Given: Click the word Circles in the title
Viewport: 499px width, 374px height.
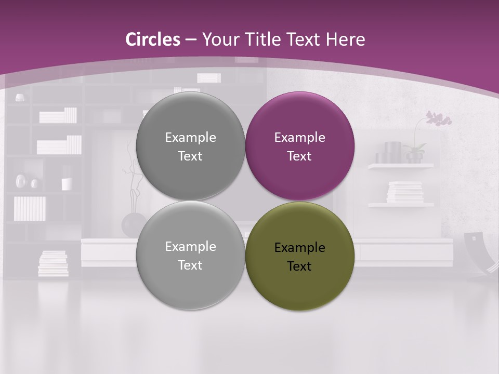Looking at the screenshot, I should pyautogui.click(x=152, y=39).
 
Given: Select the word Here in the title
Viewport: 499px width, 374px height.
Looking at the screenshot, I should pyautogui.click(x=346, y=39).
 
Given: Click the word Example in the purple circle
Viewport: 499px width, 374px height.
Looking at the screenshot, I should pyautogui.click(x=300, y=138).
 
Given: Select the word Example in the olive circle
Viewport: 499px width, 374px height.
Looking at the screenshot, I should pyautogui.click(x=300, y=248).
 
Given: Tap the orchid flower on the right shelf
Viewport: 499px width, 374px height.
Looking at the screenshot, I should pyautogui.click(x=438, y=119).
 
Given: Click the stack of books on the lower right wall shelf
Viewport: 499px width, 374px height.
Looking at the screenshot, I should pyautogui.click(x=405, y=192).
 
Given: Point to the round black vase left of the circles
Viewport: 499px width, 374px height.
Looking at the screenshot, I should pyautogui.click(x=132, y=224).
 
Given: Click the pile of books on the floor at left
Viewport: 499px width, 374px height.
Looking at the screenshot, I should pyautogui.click(x=53, y=263).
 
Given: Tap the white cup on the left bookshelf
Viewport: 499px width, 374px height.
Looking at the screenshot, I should pyautogui.click(x=67, y=184).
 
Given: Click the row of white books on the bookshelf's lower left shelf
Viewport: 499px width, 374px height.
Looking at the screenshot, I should pyautogui.click(x=30, y=208).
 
